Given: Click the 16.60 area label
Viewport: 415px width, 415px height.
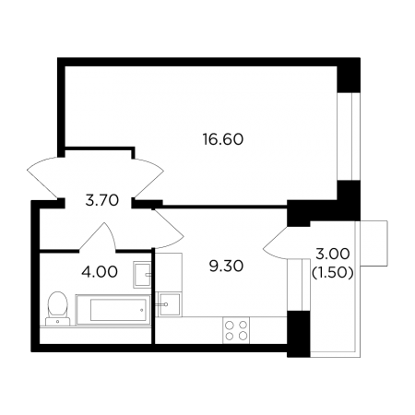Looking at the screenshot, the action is point(223,139).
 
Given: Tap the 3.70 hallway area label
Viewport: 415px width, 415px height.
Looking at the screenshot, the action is point(102,201).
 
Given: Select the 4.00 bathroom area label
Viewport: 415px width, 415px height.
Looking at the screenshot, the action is point(100,272).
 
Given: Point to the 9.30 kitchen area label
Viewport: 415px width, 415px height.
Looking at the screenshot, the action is point(226,266).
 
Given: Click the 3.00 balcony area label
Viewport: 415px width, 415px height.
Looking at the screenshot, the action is point(333,254).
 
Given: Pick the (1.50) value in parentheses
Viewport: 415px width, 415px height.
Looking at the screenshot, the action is point(332,273).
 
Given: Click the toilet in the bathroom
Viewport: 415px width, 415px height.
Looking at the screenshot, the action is point(58,308).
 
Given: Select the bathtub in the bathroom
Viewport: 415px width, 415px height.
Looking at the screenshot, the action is point(113,310).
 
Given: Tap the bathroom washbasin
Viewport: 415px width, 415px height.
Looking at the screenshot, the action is point(142,275).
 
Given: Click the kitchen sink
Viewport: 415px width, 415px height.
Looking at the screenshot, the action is point(169,304).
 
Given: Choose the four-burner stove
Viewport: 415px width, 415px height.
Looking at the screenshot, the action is point(236,330).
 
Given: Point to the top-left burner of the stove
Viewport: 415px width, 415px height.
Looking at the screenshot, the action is point(230,326).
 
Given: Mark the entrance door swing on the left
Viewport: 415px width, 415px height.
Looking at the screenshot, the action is point(43,178).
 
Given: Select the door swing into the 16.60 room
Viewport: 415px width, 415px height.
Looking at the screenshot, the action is point(148,178).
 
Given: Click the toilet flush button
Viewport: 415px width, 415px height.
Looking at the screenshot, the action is point(58,322).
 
